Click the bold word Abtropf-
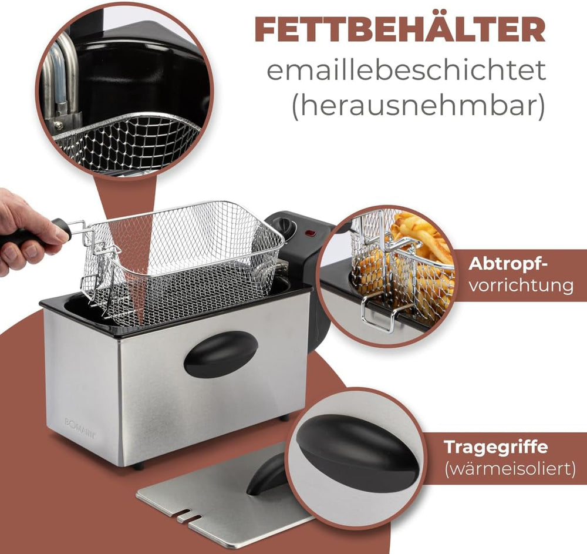[x=508, y=264]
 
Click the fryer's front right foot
[x=284, y=418]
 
